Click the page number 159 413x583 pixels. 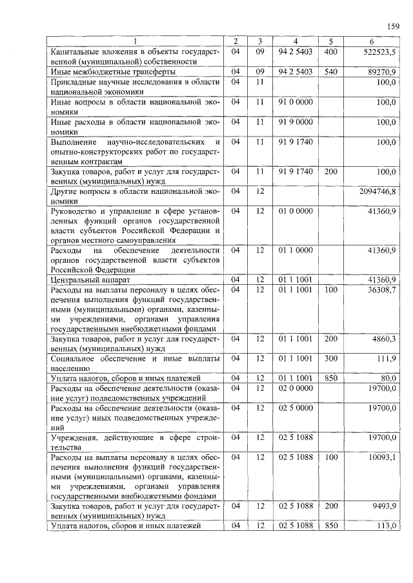[x=393, y=26]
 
